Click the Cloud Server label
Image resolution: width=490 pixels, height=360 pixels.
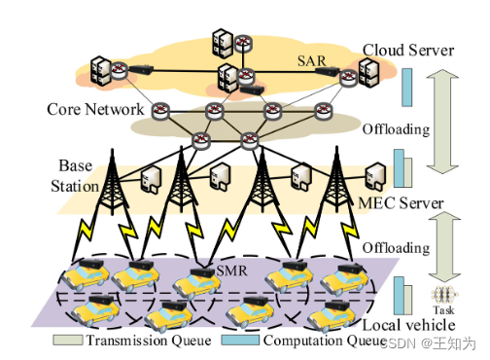[408, 50]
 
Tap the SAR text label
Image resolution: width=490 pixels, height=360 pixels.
[312, 59]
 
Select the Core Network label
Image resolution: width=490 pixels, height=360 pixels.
[96, 109]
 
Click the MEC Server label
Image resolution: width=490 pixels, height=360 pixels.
[400, 203]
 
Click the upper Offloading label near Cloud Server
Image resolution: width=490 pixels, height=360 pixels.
[395, 127]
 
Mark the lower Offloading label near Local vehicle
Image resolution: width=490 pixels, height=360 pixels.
[395, 248]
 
